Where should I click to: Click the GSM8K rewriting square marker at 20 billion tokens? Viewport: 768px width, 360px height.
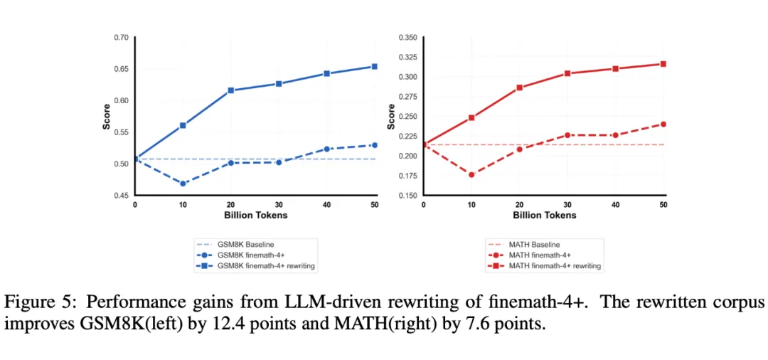click(x=231, y=90)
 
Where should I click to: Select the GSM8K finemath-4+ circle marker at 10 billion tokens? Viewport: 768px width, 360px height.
click(x=183, y=184)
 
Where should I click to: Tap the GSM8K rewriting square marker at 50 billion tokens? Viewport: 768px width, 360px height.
click(x=375, y=67)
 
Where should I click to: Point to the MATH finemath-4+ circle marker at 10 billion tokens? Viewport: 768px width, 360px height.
click(x=471, y=174)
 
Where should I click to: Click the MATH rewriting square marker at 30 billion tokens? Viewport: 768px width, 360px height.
click(x=567, y=73)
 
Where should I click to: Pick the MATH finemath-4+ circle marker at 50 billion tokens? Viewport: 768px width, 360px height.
click(x=663, y=124)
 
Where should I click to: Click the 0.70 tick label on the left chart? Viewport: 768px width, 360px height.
click(x=121, y=37)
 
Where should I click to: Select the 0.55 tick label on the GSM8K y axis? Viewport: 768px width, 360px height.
click(x=121, y=132)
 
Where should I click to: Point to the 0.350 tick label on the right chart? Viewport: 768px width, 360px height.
click(x=407, y=37)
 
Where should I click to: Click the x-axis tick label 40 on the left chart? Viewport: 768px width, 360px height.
click(x=327, y=205)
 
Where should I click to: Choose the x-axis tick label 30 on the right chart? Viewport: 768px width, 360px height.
click(x=567, y=205)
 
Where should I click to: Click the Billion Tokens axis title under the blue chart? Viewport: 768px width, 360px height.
click(x=255, y=215)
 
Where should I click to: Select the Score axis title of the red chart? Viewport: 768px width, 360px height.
click(x=390, y=117)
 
